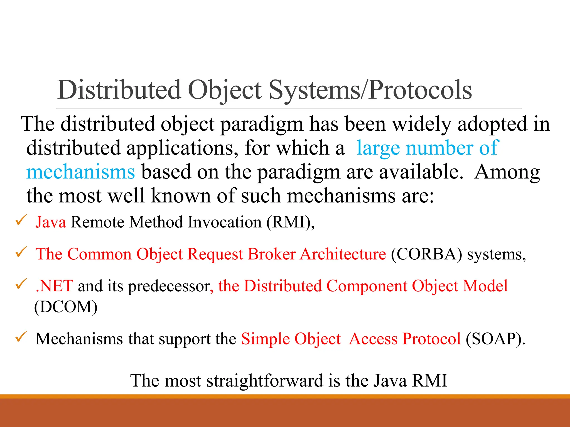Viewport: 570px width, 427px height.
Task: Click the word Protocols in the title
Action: click(420, 90)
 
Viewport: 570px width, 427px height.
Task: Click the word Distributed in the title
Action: click(119, 90)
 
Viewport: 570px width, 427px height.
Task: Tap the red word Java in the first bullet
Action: click(51, 222)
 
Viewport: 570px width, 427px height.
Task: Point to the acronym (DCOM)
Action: click(66, 307)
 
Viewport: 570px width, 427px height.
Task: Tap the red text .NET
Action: click(55, 286)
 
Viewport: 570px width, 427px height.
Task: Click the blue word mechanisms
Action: click(80, 172)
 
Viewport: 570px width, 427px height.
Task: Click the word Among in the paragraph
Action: click(507, 172)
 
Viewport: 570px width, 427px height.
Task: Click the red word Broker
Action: click(271, 254)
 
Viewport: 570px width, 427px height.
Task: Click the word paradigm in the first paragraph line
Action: click(262, 124)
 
